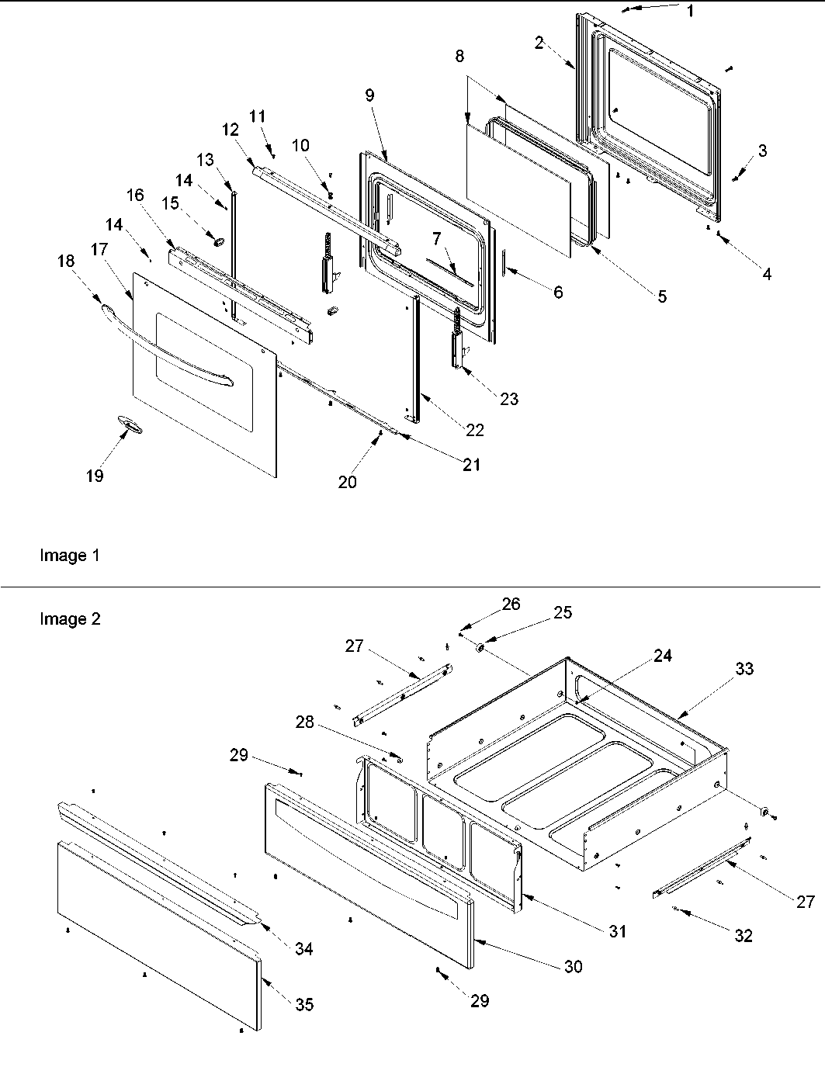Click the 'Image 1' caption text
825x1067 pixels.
click(x=69, y=556)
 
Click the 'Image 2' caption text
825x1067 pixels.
click(x=70, y=619)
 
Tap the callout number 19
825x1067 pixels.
click(x=94, y=476)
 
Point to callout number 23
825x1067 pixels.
click(x=509, y=399)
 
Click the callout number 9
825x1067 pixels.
click(x=369, y=95)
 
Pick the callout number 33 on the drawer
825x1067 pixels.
click(x=744, y=668)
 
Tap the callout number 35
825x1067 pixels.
click(x=304, y=1004)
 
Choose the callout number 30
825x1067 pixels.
click(x=574, y=966)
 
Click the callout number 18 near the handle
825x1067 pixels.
click(x=66, y=261)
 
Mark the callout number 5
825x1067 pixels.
click(x=661, y=296)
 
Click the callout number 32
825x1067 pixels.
click(x=743, y=936)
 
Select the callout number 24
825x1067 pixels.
click(x=662, y=656)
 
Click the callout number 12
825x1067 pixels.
click(x=230, y=130)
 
